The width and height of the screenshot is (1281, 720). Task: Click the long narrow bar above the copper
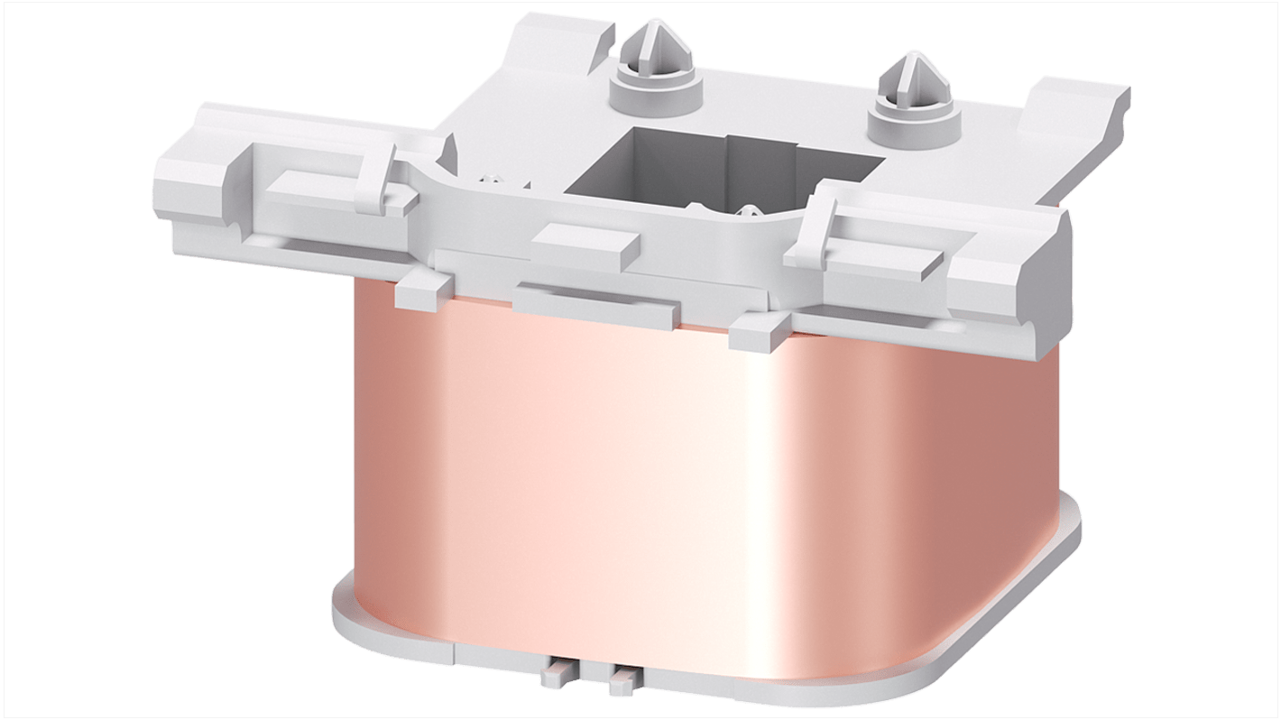(595, 303)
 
